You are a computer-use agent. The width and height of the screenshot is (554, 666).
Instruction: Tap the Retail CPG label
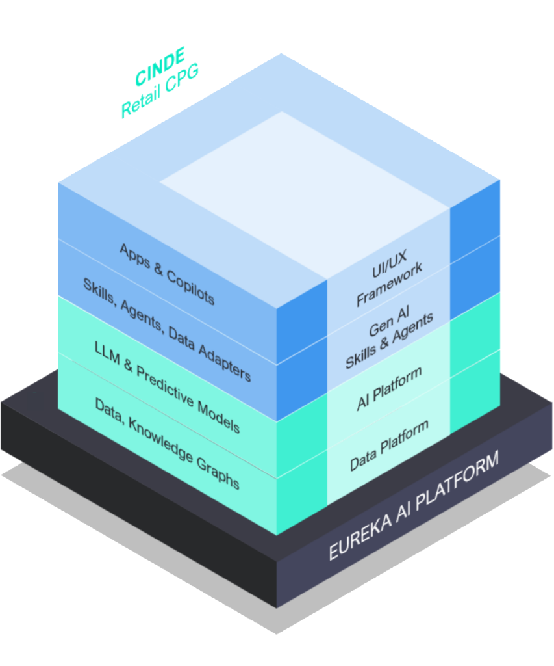click(x=159, y=91)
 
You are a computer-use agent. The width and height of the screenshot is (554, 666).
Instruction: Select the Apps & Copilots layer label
click(x=167, y=274)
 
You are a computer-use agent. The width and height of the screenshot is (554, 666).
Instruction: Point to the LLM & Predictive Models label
click(x=167, y=386)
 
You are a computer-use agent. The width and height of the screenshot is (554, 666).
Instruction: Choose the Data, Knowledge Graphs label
click(x=167, y=444)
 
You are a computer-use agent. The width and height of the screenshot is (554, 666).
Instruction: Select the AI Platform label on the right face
click(x=390, y=388)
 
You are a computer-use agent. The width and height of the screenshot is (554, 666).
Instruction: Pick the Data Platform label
click(x=390, y=446)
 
